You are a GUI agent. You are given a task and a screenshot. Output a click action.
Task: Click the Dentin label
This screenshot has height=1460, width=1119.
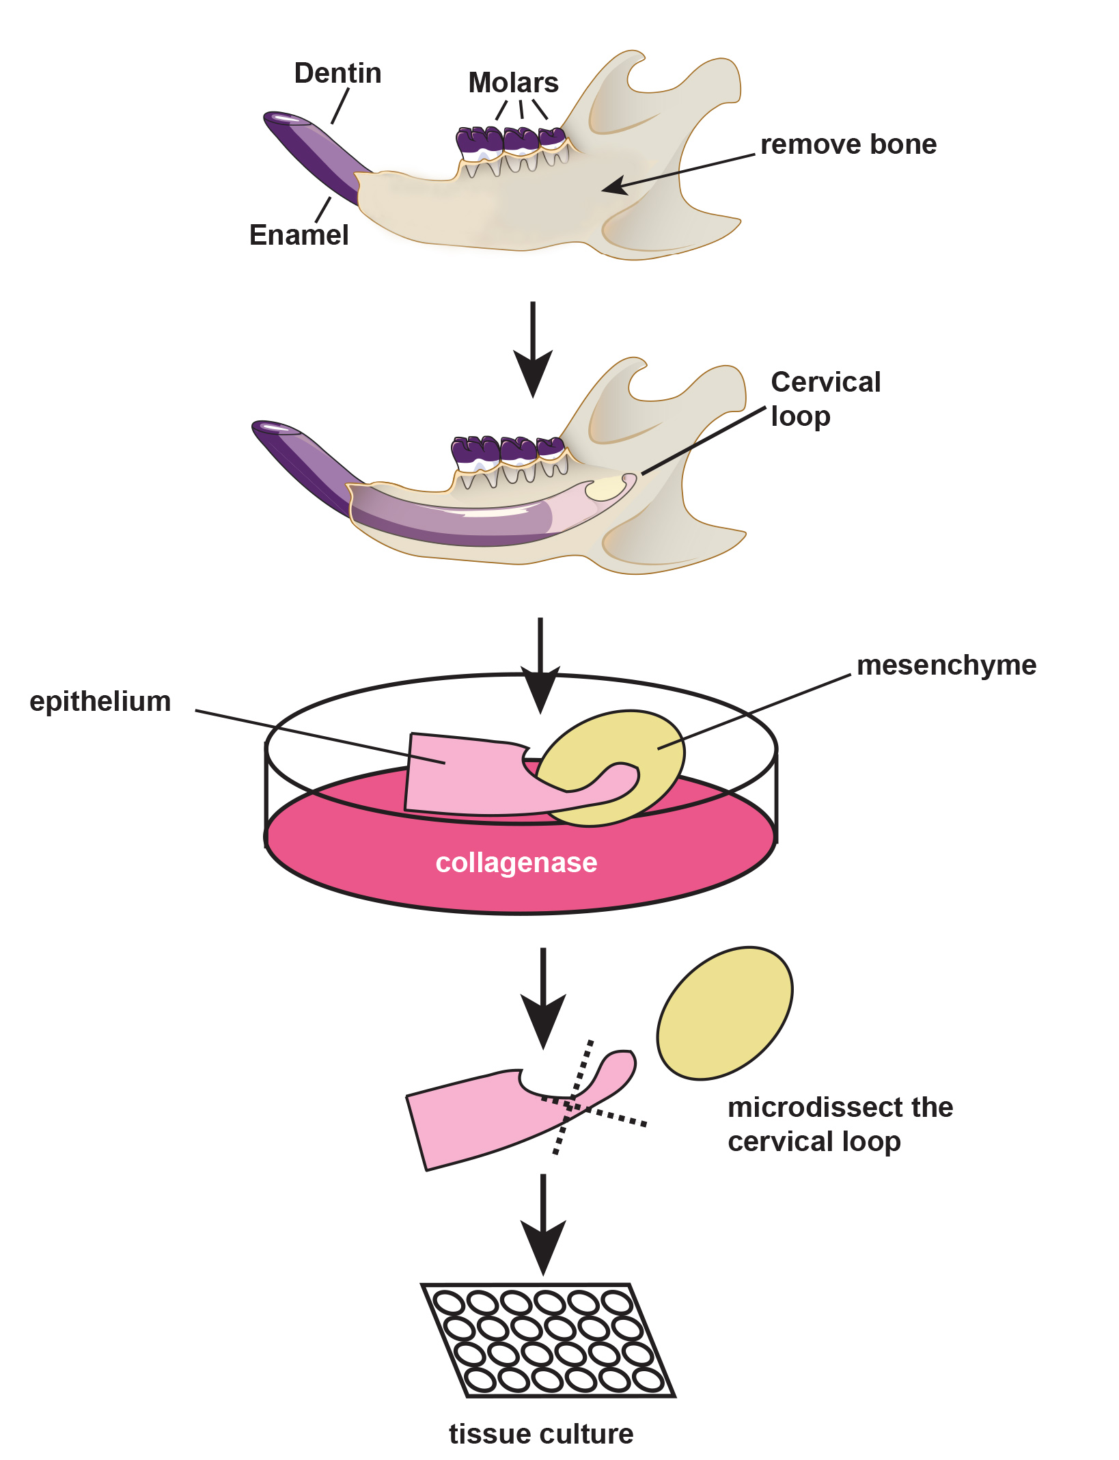click(x=337, y=74)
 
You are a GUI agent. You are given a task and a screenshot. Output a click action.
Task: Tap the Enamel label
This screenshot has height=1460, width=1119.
click(x=299, y=235)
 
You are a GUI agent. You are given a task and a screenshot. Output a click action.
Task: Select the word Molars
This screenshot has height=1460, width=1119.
click(x=513, y=83)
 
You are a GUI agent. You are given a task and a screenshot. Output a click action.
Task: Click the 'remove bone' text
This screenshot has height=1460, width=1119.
click(x=848, y=145)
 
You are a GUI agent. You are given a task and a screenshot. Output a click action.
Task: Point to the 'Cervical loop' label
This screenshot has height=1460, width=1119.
click(x=825, y=399)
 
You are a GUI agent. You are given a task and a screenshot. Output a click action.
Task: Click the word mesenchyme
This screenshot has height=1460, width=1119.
click(x=946, y=665)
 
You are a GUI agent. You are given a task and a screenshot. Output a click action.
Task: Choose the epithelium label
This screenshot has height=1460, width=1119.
click(x=100, y=702)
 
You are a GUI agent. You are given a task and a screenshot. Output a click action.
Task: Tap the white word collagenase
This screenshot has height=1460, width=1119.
click(x=516, y=863)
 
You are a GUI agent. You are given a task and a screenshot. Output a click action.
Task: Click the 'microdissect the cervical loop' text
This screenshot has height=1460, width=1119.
click(x=840, y=1124)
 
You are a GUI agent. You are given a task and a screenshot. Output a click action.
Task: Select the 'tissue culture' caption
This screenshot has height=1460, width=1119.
click(x=541, y=1434)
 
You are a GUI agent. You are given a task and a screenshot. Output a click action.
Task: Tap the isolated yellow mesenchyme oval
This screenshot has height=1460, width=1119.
click(x=725, y=1013)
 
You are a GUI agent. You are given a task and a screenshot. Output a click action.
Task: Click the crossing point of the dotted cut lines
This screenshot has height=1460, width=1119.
click(x=569, y=1106)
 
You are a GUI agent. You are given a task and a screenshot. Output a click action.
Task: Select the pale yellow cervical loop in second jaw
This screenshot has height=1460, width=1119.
click(x=605, y=489)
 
